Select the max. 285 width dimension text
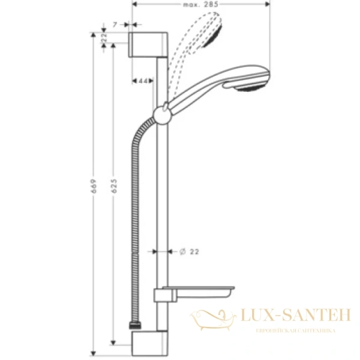(201, 5)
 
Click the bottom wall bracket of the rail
(148, 346)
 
